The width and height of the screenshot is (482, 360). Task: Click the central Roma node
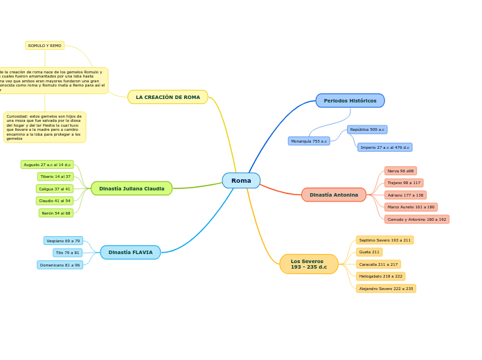click(x=241, y=181)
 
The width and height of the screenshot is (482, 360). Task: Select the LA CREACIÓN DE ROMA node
click(x=168, y=97)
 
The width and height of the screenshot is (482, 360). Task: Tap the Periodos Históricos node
click(x=350, y=100)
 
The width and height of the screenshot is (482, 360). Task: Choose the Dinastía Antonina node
click(x=334, y=195)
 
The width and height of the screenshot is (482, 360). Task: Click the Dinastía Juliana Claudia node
click(x=132, y=188)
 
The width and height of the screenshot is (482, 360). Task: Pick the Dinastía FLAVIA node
click(x=130, y=252)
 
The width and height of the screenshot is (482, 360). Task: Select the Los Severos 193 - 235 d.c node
click(x=309, y=264)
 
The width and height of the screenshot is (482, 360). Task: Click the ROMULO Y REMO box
click(x=45, y=46)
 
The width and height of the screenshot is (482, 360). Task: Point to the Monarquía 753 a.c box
click(x=309, y=141)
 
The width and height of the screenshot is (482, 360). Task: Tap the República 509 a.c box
click(x=367, y=129)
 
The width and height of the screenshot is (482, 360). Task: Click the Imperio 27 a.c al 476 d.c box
click(x=384, y=147)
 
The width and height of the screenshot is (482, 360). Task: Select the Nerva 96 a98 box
click(x=400, y=171)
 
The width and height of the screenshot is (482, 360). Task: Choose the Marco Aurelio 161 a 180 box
click(x=411, y=207)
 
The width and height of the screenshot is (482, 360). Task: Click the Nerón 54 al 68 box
click(x=56, y=213)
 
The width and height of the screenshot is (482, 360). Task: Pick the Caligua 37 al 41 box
click(x=55, y=189)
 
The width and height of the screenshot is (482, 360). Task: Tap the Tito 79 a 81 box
click(x=67, y=253)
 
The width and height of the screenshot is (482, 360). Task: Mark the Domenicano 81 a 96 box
click(x=60, y=265)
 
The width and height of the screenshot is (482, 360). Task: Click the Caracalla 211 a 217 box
click(x=378, y=264)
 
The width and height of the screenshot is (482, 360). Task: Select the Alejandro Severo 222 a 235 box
click(x=386, y=289)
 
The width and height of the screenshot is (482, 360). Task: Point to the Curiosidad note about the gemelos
click(x=44, y=127)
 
